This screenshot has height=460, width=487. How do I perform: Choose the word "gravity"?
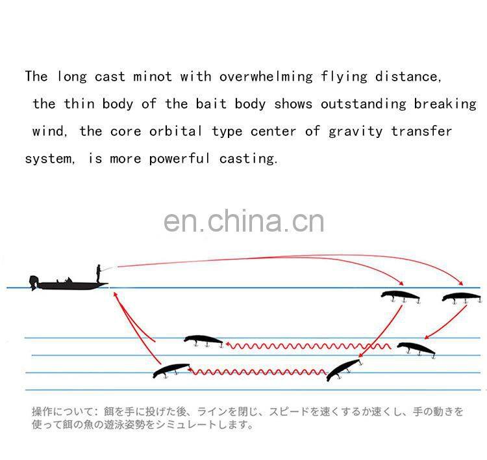356,131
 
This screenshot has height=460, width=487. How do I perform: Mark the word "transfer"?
421,131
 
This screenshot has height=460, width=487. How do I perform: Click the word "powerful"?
179,158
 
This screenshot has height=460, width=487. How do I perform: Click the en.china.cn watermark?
243,221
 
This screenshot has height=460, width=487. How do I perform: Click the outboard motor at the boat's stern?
34,283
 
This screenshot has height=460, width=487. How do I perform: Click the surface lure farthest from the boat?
462,297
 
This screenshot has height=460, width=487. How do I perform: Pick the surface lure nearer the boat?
400,296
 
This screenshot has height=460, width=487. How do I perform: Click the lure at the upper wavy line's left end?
203,340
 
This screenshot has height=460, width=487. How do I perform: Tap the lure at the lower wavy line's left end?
170,370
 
